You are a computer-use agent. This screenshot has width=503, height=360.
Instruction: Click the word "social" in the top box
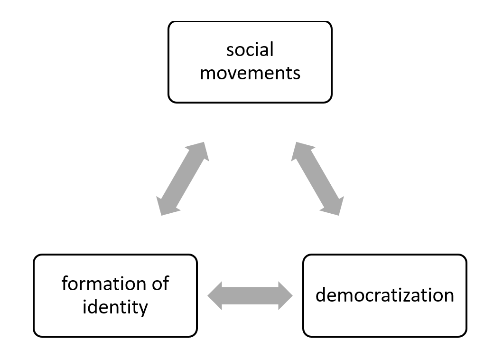250,49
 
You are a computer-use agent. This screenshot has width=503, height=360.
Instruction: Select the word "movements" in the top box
250,73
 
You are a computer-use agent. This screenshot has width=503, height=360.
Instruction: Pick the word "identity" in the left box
115,307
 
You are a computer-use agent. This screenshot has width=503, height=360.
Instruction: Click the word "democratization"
385,295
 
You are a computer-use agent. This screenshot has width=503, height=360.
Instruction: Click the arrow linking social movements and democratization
317,179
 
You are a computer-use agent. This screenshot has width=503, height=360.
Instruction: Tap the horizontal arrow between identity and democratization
250,296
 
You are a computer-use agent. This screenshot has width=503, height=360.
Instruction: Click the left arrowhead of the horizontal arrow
215,296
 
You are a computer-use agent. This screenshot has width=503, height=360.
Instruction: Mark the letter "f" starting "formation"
65,284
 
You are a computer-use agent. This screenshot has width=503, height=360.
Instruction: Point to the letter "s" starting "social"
230,50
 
